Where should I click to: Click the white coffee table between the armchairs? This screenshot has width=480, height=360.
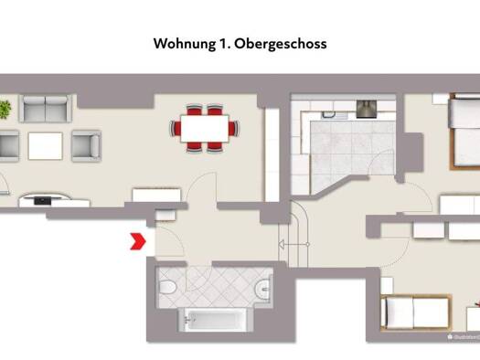pos(45,144)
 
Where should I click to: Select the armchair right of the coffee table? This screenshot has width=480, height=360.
pos(85,144)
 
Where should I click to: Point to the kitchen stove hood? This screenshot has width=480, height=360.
pos(368,108)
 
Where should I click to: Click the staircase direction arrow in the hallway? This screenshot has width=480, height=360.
pos(284,244)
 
